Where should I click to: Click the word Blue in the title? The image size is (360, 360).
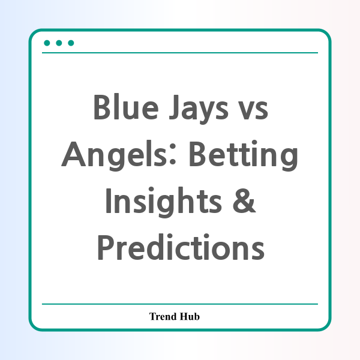pyautogui.click(x=126, y=107)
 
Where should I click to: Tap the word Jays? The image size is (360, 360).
pyautogui.click(x=199, y=109)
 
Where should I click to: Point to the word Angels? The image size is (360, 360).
pyautogui.click(x=114, y=155)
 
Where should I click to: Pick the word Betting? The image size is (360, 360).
pyautogui.click(x=244, y=155)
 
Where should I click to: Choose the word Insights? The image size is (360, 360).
pyautogui.click(x=163, y=202)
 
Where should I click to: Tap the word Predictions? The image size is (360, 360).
pyautogui.click(x=181, y=247)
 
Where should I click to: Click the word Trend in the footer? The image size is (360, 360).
pyautogui.click(x=163, y=316)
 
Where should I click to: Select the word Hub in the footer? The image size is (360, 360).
pyautogui.click(x=190, y=316)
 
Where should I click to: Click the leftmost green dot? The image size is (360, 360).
pyautogui.click(x=47, y=43)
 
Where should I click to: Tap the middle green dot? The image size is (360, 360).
pyautogui.click(x=59, y=43)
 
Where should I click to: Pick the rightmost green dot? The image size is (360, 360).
pyautogui.click(x=71, y=43)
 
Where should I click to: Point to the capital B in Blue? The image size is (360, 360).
pyautogui.click(x=102, y=107)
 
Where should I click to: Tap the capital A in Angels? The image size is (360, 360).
pyautogui.click(x=74, y=154)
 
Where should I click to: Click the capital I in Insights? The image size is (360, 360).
pyautogui.click(x=108, y=200)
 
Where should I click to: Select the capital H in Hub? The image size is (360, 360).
pyautogui.click(x=184, y=316)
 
